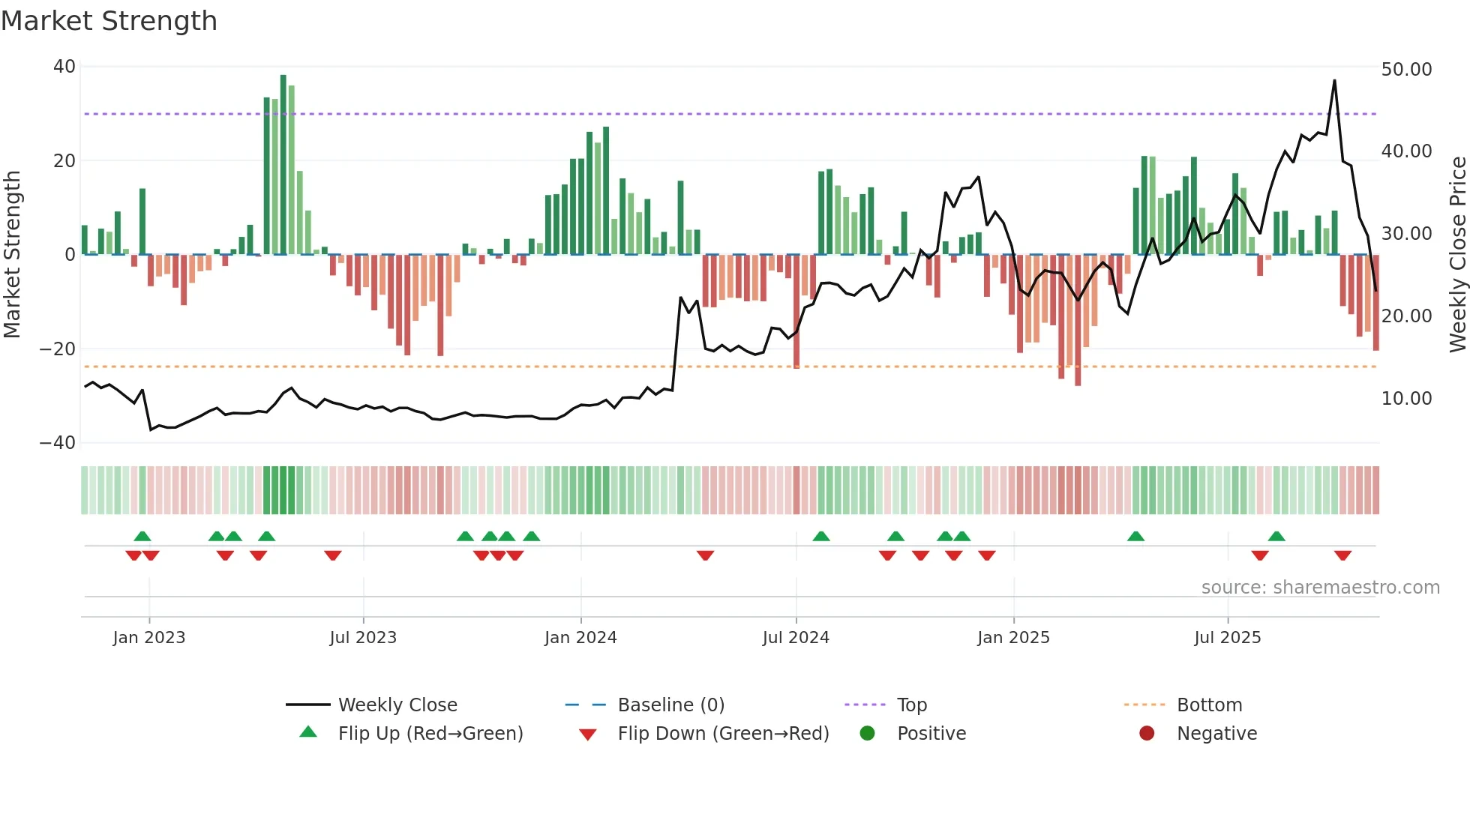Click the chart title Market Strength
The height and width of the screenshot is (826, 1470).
coord(109,21)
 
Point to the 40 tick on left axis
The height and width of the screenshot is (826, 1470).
coord(64,67)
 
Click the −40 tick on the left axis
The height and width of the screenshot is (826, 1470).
coord(58,443)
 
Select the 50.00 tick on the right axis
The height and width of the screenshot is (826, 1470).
coord(1406,69)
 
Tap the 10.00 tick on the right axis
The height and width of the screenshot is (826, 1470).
coord(1406,399)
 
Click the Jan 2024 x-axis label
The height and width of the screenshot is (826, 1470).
coord(580,638)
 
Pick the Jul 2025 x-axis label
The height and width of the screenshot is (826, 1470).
coord(1227,638)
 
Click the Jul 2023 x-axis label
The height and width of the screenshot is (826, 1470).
coord(363,638)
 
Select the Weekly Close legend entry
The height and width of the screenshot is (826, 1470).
coord(397,705)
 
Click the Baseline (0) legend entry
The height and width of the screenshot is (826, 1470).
coord(670,705)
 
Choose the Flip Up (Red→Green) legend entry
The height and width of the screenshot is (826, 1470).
coord(430,734)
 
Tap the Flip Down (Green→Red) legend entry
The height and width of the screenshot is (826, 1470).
coord(723,734)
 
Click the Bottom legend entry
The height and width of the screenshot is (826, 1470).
coord(1209,705)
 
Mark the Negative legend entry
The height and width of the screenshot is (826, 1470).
coord(1216,734)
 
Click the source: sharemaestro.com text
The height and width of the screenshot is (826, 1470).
coord(1320,588)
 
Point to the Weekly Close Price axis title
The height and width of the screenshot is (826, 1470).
coord(1457,255)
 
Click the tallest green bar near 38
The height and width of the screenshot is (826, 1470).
coord(283,165)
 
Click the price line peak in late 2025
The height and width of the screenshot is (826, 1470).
coord(1334,81)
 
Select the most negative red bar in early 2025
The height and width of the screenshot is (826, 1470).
coord(1078,321)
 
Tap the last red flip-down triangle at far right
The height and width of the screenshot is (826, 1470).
coord(1342,555)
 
